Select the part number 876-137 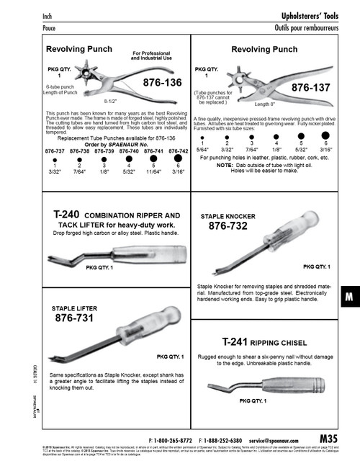312,87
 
